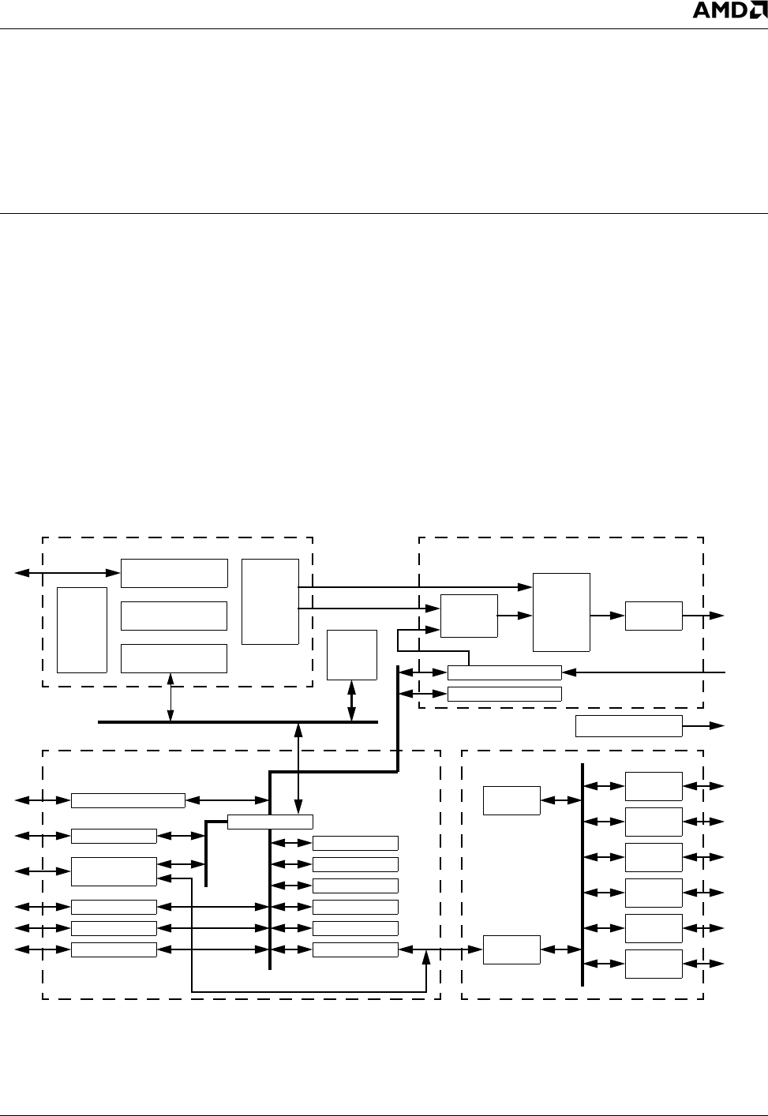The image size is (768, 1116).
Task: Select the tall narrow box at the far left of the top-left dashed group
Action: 82,630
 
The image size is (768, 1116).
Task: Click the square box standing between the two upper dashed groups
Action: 352,654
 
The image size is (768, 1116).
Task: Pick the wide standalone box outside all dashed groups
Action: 628,725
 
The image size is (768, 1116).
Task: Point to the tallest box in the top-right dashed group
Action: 562,612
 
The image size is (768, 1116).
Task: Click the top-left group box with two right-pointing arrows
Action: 270,601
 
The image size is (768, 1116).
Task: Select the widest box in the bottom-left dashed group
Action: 128,800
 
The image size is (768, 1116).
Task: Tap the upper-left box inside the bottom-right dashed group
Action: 511,800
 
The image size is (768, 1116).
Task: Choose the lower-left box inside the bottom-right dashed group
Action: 511,949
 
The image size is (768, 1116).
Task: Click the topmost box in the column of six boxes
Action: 654,786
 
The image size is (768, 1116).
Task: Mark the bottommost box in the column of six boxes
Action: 654,964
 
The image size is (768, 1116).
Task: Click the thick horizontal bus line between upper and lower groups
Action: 237,721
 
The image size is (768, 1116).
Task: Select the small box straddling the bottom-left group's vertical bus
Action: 270,821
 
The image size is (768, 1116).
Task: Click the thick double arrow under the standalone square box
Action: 352,701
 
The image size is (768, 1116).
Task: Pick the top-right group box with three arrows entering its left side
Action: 469,616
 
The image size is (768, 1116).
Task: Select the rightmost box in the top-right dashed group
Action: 654,616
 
